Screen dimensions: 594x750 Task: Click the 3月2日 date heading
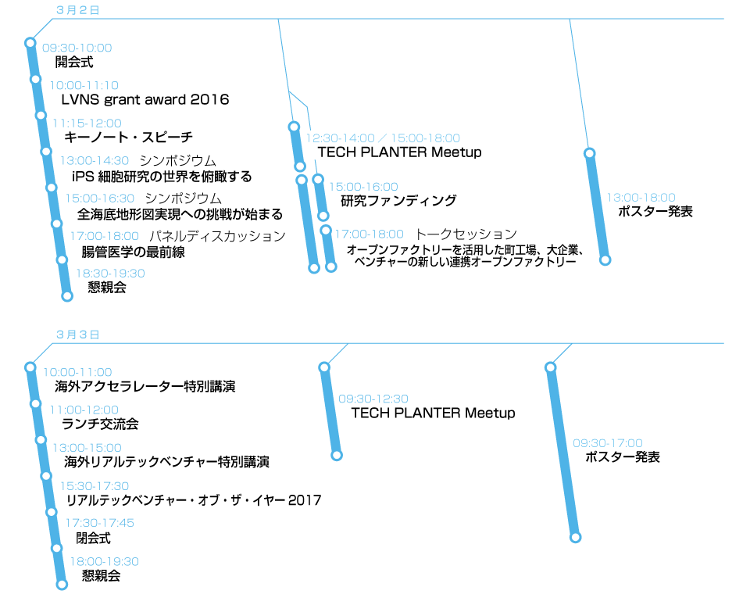[x=77, y=10]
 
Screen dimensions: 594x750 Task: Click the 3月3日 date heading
[x=77, y=335]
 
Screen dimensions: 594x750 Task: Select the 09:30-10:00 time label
[x=77, y=48]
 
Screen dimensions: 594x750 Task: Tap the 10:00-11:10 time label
[x=84, y=85]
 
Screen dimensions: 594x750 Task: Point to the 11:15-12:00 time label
[x=87, y=123]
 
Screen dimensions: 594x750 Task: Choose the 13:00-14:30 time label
[x=95, y=161]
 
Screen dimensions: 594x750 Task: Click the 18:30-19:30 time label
[x=110, y=274]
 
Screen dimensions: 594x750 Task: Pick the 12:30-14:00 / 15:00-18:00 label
[x=383, y=138]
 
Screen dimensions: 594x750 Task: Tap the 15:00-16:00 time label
[x=363, y=187]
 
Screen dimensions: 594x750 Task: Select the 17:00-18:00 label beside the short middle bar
[x=369, y=234]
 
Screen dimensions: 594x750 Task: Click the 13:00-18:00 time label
[x=641, y=198]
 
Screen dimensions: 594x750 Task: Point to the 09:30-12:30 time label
[x=373, y=399]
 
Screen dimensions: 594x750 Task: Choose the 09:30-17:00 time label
[x=608, y=443]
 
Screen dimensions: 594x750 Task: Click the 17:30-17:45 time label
[x=99, y=523]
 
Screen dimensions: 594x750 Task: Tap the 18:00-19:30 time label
[x=105, y=562]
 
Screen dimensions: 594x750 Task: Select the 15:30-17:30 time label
[x=95, y=486]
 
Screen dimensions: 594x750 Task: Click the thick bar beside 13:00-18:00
[x=598, y=206]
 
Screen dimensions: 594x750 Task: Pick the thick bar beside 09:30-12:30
[x=331, y=411]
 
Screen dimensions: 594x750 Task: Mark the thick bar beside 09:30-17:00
[x=563, y=452]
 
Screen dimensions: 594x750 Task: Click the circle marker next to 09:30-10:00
[x=30, y=43]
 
